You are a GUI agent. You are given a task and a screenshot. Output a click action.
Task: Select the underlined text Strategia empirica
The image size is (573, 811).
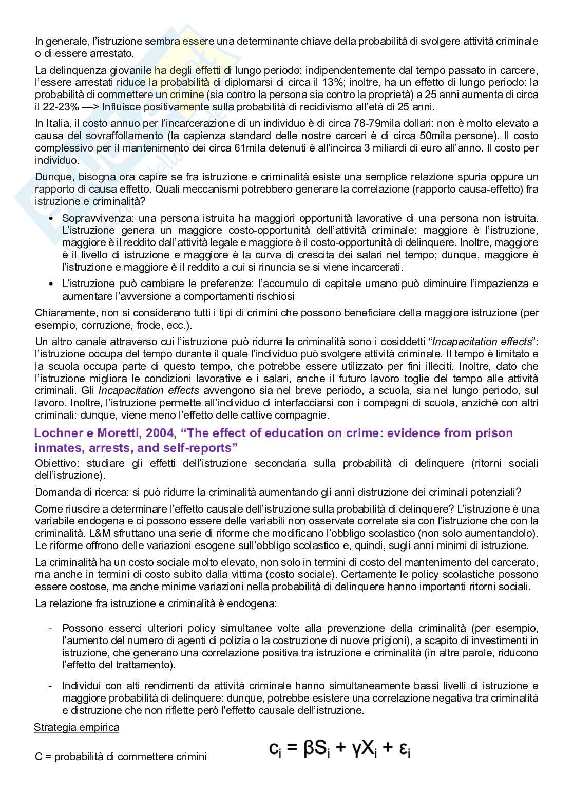(77, 727)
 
